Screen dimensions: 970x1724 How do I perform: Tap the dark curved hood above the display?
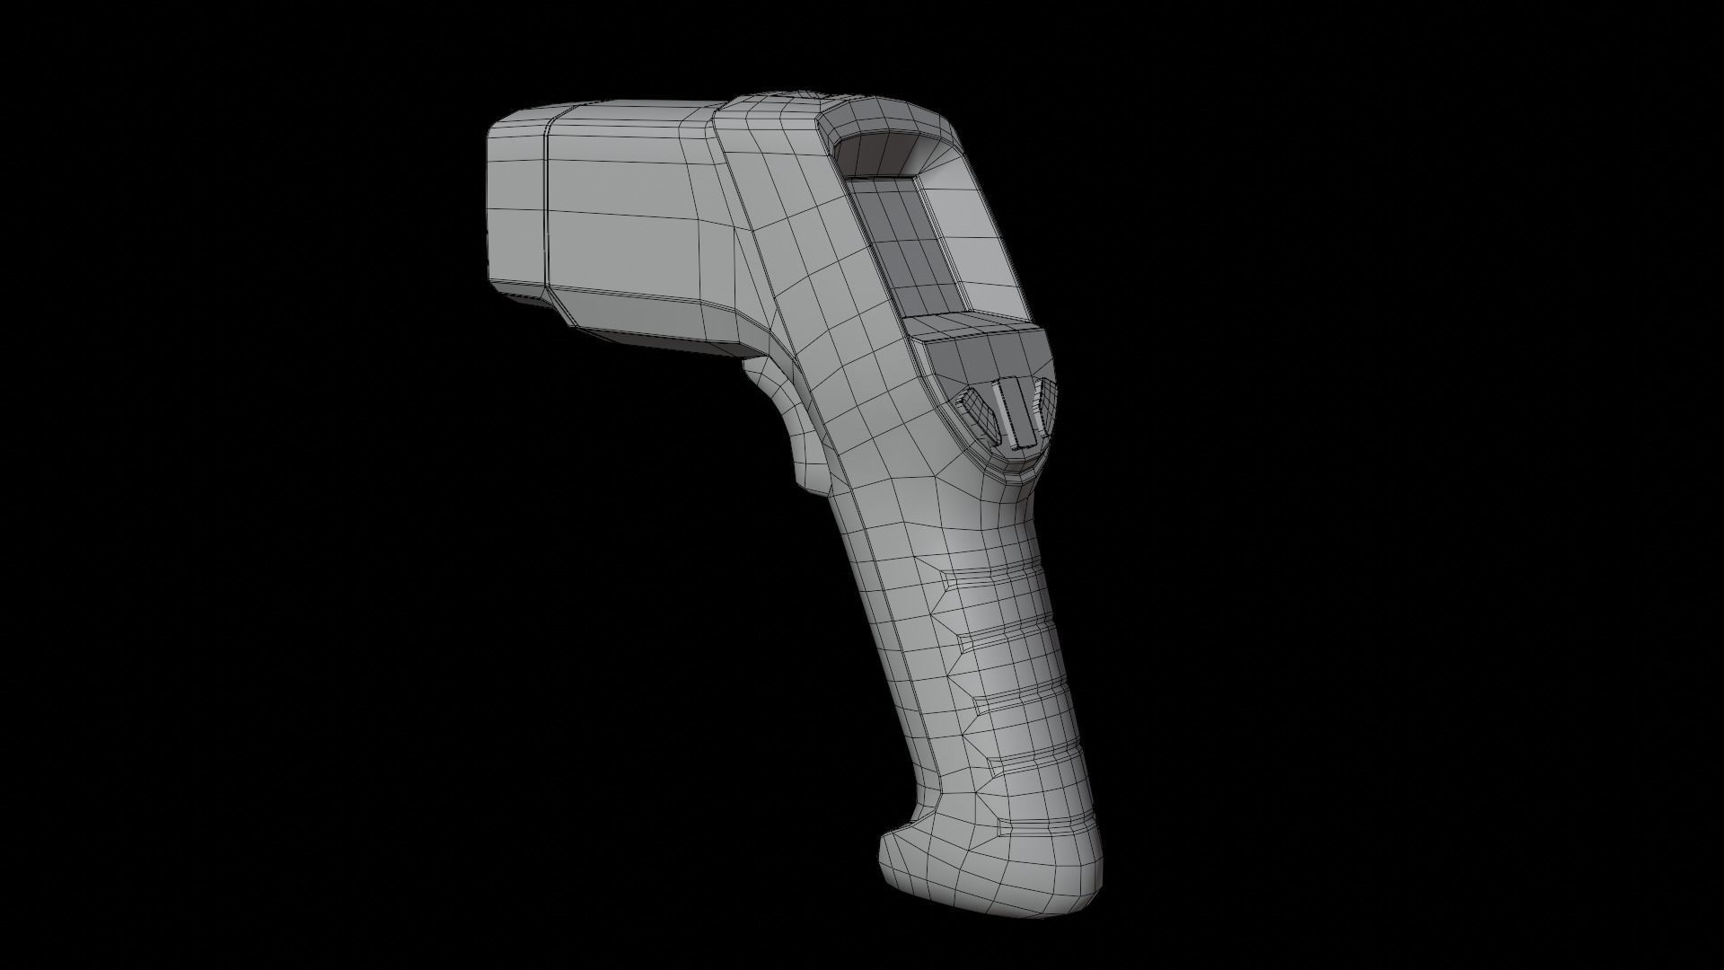pyautogui.click(x=884, y=153)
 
